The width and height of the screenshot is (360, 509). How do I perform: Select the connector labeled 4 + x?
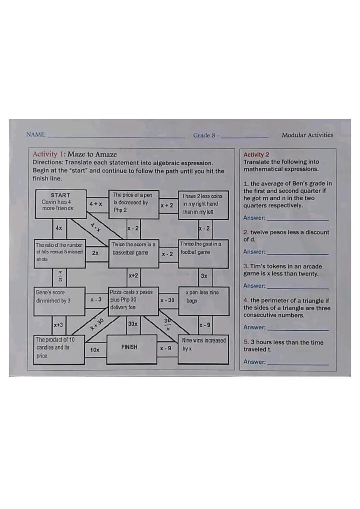pyautogui.click(x=96, y=204)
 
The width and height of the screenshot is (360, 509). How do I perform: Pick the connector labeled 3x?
pyautogui.click(x=204, y=276)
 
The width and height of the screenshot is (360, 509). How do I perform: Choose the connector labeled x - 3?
pyautogui.click(x=96, y=300)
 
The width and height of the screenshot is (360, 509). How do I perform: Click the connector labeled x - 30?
pyautogui.click(x=167, y=301)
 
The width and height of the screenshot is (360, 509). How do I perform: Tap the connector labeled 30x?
pyautogui.click(x=133, y=324)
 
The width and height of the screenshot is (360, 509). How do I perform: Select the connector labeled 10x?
pyautogui.click(x=95, y=349)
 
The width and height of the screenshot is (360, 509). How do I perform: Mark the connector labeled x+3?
pyautogui.click(x=59, y=325)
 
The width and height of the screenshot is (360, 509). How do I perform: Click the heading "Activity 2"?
pyautogui.click(x=256, y=154)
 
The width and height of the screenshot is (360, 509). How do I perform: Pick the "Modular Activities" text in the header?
pyautogui.click(x=307, y=135)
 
